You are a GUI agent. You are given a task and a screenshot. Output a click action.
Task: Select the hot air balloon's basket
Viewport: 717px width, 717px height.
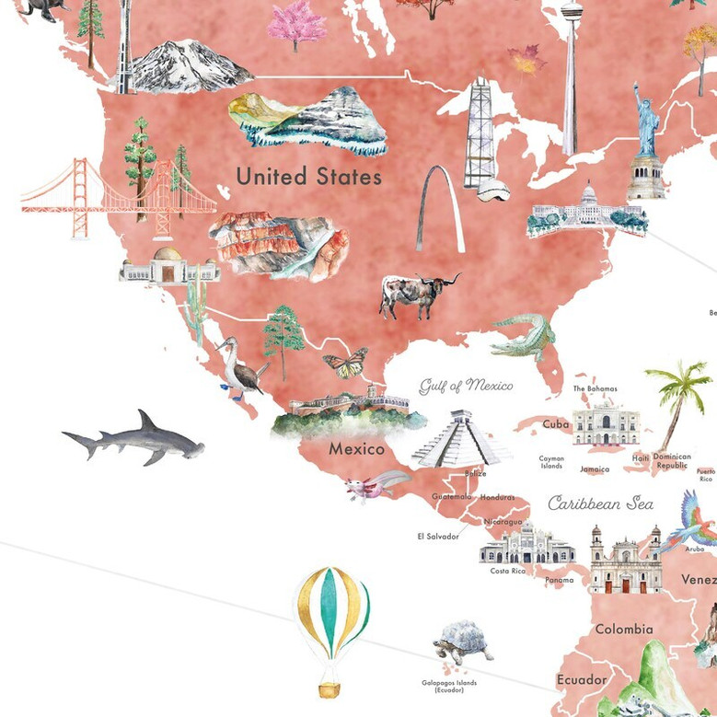328,688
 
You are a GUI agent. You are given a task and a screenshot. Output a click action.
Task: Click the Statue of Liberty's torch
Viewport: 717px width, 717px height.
635,87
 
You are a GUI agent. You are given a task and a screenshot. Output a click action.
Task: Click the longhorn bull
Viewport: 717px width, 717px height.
413,295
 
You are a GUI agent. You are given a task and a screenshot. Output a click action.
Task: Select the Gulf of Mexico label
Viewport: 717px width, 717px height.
466,385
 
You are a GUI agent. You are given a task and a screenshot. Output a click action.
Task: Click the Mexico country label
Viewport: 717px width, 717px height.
356,450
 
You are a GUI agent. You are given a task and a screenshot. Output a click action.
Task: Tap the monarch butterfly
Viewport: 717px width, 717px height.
345,362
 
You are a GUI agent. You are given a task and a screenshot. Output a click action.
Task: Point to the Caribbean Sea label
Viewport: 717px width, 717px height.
600,503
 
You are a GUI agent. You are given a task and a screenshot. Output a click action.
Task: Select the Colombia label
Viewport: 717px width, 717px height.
623,630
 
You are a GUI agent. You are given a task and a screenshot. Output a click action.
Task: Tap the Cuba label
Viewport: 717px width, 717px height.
555,424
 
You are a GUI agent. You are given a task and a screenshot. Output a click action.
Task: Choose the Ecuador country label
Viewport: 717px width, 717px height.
582,679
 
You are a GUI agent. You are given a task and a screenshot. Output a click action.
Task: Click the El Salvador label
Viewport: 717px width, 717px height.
437,536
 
